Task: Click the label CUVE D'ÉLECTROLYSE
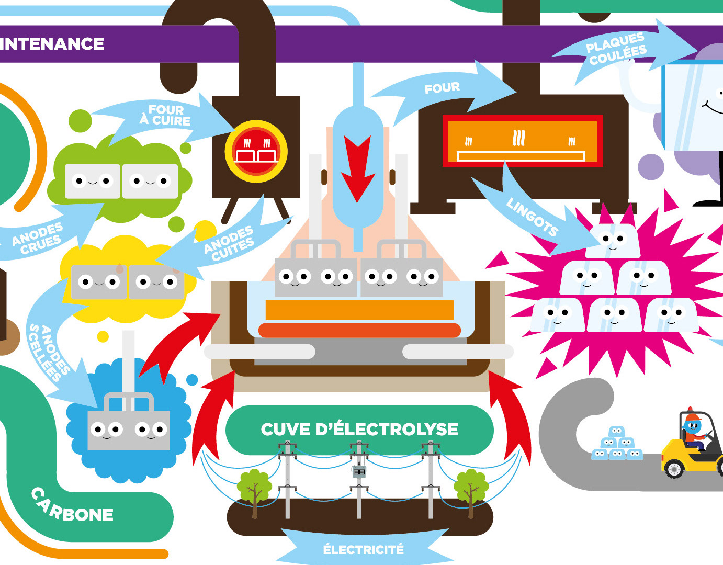point(359,430)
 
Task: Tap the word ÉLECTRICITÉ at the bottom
point(363,550)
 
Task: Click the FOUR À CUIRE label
point(165,115)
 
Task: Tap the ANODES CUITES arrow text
point(229,243)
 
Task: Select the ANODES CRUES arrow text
point(38,239)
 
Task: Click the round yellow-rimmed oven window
point(256,151)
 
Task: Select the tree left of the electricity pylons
point(254,489)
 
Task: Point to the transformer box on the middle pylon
point(358,470)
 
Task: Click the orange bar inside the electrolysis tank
point(359,310)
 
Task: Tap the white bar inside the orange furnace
point(521,156)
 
